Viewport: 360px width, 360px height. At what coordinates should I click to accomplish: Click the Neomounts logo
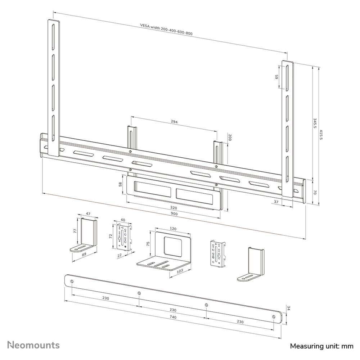[x=34, y=345]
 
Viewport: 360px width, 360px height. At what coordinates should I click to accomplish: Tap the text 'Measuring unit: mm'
[x=321, y=346]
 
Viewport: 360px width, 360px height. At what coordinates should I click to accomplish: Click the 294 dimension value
[x=174, y=122]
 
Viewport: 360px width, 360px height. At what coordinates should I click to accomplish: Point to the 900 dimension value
[x=174, y=214]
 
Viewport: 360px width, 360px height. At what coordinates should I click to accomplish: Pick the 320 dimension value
[x=174, y=208]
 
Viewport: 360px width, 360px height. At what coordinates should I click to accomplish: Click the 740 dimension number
[x=173, y=317]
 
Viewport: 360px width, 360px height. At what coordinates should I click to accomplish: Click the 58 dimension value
[x=121, y=184]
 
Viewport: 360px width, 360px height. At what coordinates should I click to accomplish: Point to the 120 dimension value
[x=173, y=229]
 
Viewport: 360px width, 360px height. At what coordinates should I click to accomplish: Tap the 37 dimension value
[x=276, y=202]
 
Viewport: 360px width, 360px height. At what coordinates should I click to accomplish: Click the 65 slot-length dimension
[x=277, y=77]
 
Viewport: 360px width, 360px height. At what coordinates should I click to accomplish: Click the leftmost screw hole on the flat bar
[x=72, y=281]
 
